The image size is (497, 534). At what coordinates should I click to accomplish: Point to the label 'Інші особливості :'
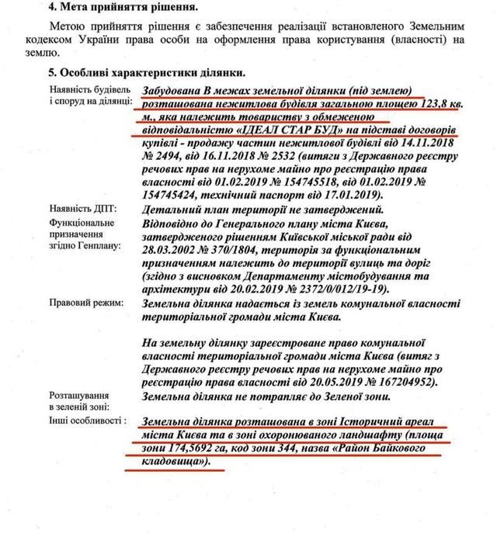click(89, 421)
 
